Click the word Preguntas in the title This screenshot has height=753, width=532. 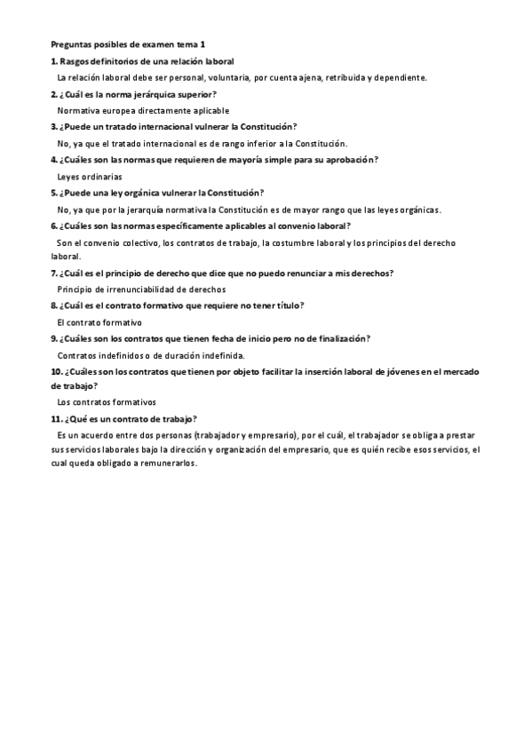tap(70, 44)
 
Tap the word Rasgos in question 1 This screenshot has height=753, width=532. tap(75, 60)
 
